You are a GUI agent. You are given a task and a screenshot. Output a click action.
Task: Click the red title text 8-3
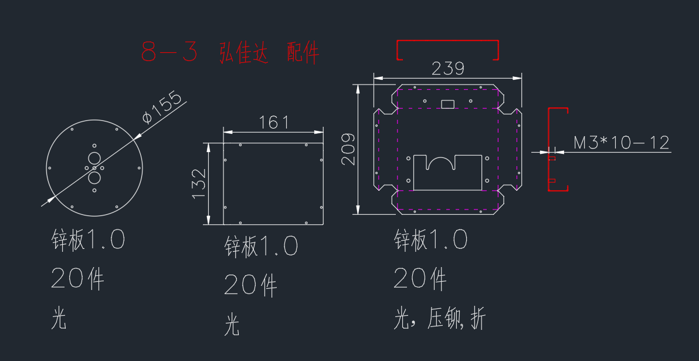[169, 52]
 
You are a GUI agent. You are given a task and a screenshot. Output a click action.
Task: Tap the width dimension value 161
[274, 122]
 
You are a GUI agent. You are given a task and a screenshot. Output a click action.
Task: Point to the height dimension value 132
[199, 183]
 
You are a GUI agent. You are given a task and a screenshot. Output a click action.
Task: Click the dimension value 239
[448, 69]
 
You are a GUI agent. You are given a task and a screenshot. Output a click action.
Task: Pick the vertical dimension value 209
[348, 149]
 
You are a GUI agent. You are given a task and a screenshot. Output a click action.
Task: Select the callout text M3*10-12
[622, 143]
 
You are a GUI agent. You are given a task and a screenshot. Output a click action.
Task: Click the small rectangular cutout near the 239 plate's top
[447, 104]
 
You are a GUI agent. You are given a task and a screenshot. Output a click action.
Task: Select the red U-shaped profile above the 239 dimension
[447, 41]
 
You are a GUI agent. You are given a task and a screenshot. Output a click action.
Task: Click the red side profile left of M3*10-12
[549, 150]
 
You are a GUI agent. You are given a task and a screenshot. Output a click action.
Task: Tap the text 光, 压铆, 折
[439, 319]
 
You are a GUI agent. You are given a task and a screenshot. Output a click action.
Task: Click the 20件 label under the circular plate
[78, 278]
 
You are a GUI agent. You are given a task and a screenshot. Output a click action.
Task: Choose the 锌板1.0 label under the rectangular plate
[262, 246]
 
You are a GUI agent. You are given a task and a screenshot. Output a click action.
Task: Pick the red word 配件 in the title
[303, 53]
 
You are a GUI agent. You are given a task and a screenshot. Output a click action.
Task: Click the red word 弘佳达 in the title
[244, 53]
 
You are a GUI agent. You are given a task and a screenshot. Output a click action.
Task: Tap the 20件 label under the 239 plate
[420, 278]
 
